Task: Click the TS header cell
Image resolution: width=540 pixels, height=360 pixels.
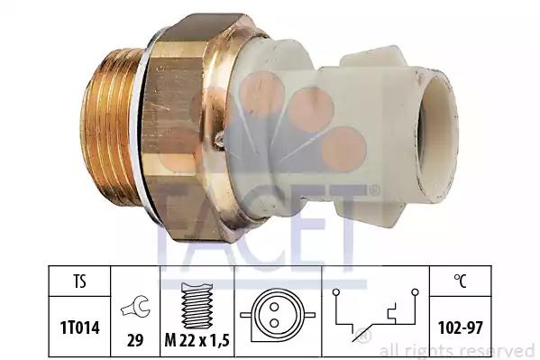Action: pos(80,281)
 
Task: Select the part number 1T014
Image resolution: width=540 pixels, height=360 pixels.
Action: pos(80,328)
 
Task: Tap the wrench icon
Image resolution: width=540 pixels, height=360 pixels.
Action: pos(135,307)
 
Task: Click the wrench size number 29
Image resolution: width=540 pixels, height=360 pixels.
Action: pos(135,341)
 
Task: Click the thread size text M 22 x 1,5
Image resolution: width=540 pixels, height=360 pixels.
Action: pos(197,341)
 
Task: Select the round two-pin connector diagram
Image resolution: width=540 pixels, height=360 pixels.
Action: pos(278,315)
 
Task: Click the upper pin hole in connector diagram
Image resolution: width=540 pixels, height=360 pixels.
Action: pos(274,307)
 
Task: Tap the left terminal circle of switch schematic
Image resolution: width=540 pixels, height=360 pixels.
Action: pos(336,292)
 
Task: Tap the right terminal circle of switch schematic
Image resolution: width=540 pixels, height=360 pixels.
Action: pos(415,292)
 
